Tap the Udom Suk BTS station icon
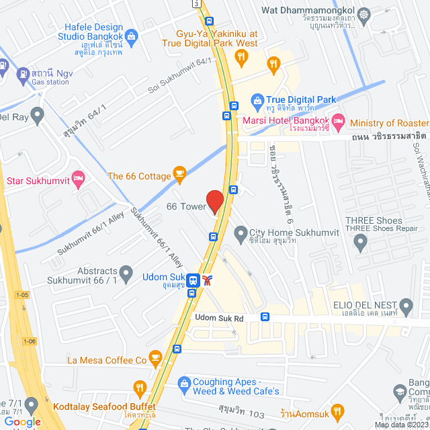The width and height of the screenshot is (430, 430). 193,279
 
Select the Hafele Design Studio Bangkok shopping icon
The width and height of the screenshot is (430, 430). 131,35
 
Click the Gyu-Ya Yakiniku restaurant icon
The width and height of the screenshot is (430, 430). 273,64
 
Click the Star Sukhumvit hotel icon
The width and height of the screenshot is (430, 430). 78,179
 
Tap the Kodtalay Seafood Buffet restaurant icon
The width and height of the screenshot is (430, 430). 140,388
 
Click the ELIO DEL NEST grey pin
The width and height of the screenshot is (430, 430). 405,304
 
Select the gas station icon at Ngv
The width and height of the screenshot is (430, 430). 23,73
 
